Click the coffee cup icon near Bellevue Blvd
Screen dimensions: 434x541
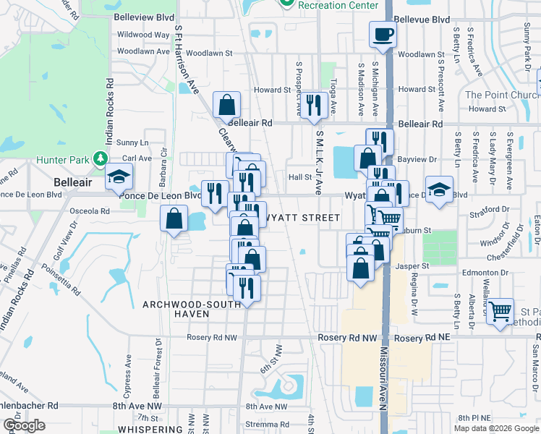(x=383, y=33)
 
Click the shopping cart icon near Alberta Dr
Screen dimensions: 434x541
(x=500, y=311)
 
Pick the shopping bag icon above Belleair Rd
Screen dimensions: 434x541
(x=227, y=104)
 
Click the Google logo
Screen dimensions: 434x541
(x=24, y=425)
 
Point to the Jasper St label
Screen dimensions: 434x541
(x=413, y=266)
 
